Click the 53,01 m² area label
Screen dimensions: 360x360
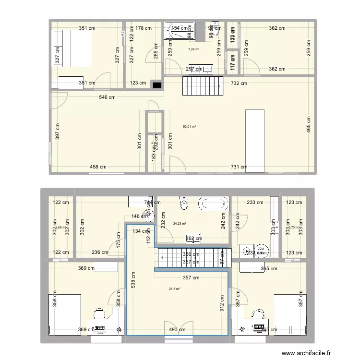click(190, 127)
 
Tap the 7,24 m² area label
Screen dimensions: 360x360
click(193, 49)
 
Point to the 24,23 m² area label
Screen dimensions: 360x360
click(180, 223)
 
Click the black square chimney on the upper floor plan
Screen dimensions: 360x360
click(157, 85)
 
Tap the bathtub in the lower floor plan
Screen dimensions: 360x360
click(213, 203)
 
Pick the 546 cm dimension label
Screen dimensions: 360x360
click(108, 97)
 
